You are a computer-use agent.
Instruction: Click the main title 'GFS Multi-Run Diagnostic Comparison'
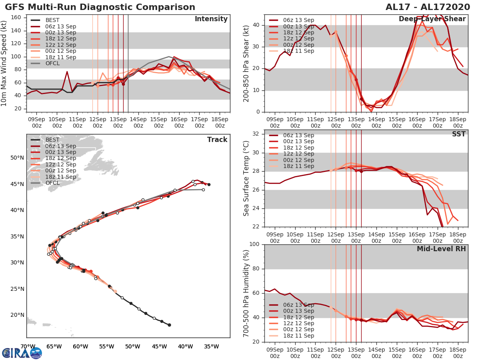pyautogui.click(x=100, y=7)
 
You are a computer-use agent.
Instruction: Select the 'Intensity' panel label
pyautogui.click(x=211, y=19)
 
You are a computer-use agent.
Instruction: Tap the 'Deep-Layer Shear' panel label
pyautogui.click(x=432, y=19)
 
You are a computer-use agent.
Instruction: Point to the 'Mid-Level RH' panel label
pyautogui.click(x=441, y=249)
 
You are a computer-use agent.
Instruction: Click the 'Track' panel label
pyautogui.click(x=217, y=140)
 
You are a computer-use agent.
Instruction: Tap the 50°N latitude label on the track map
pyautogui.click(x=17, y=158)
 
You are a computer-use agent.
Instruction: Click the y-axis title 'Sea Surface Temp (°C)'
pyautogui.click(x=246, y=178)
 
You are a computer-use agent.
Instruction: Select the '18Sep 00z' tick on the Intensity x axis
pyautogui.click(x=220, y=122)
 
